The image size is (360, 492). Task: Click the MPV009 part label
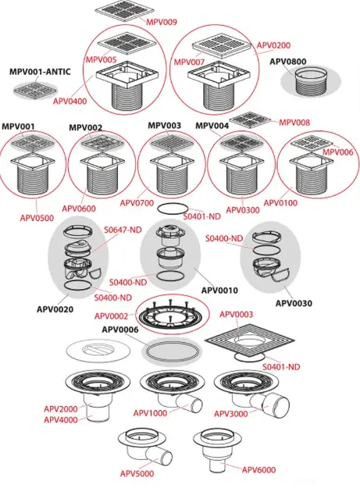point(162,22)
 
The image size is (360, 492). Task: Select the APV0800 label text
point(288,62)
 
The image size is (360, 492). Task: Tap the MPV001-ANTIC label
point(40,72)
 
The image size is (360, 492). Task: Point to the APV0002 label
point(112,316)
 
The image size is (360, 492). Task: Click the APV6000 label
point(258,469)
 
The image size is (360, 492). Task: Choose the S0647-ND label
point(123,230)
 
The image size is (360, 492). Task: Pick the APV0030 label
point(294,304)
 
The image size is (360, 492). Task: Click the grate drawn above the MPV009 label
point(125,11)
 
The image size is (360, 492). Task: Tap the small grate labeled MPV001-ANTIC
point(35,90)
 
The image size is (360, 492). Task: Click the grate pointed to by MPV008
point(250,119)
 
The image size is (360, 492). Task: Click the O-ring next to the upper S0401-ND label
point(173,209)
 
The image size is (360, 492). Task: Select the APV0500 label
point(37,218)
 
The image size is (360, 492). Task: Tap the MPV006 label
point(338,152)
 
